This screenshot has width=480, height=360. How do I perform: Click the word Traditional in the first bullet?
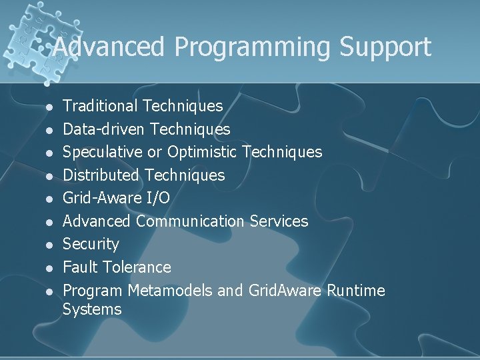click(x=100, y=105)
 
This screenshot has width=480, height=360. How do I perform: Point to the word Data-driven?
click(x=105, y=129)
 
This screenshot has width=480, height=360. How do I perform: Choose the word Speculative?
click(x=103, y=152)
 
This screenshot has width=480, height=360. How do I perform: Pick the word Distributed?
click(x=101, y=175)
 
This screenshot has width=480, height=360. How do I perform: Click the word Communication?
click(x=190, y=221)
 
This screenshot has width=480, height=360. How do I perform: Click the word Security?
click(x=91, y=244)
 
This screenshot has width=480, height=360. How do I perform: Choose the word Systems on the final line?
click(x=92, y=309)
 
